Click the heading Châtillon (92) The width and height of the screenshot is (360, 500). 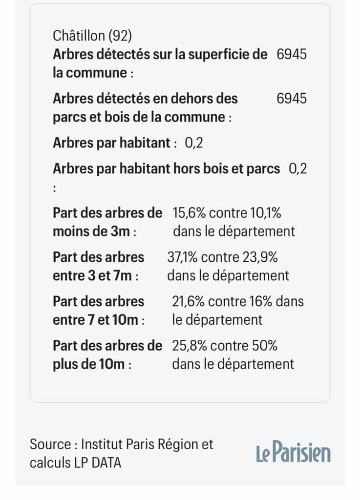tap(92, 36)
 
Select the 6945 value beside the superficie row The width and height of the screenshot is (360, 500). tap(292, 54)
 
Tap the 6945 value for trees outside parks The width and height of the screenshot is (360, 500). tap(292, 99)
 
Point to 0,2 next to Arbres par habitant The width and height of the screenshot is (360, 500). tap(194, 143)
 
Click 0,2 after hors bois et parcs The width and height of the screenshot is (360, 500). tap(298, 169)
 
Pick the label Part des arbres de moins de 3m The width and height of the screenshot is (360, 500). tap(107, 222)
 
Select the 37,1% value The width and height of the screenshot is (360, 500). tap(183, 257)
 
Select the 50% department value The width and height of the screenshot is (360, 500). tap(263, 346)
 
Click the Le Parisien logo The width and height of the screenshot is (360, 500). tap(293, 453)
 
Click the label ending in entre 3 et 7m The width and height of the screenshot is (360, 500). tap(98, 266)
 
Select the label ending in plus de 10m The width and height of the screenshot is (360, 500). tap(107, 354)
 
